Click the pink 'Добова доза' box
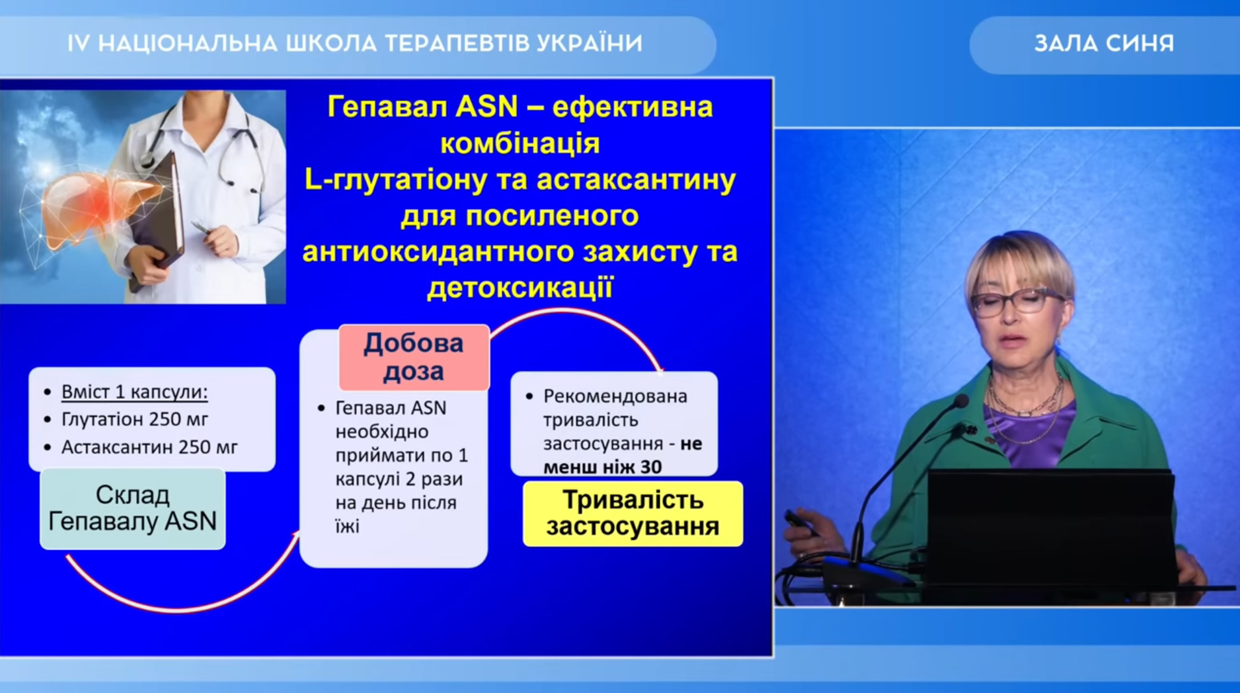(414, 357)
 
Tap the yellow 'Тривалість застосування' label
(633, 513)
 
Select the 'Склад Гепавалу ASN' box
(133, 509)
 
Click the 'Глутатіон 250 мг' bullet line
(135, 419)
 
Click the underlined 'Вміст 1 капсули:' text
(135, 392)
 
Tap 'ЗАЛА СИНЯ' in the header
(1104, 44)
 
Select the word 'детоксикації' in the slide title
(520, 288)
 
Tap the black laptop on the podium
(1050, 527)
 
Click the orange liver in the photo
(98, 202)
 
